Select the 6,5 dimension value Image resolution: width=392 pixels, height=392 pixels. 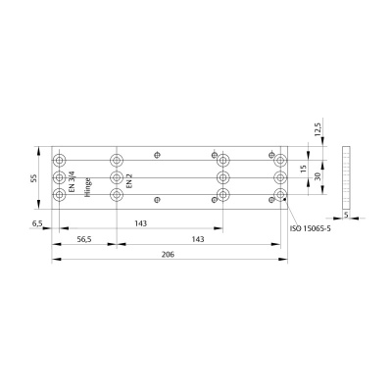pyautogui.click(x=37, y=224)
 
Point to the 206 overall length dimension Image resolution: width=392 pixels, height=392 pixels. pyautogui.click(x=170, y=253)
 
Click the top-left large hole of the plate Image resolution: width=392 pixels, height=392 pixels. pyautogui.click(x=61, y=159)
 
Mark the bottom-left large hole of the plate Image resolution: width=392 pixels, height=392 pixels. pyautogui.click(x=61, y=195)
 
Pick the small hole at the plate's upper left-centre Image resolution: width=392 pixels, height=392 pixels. pyautogui.click(x=156, y=155)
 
